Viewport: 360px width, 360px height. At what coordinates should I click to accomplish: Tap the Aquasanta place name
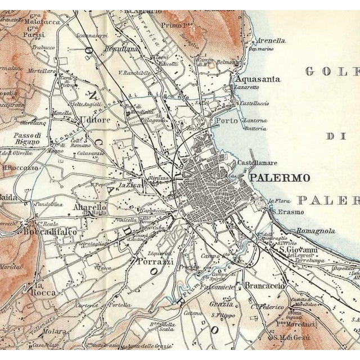[258, 79]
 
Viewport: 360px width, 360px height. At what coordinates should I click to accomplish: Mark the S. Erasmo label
[287, 212]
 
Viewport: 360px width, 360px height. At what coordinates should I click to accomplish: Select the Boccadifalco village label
[50, 231]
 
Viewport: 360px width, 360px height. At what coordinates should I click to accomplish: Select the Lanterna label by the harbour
[255, 120]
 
